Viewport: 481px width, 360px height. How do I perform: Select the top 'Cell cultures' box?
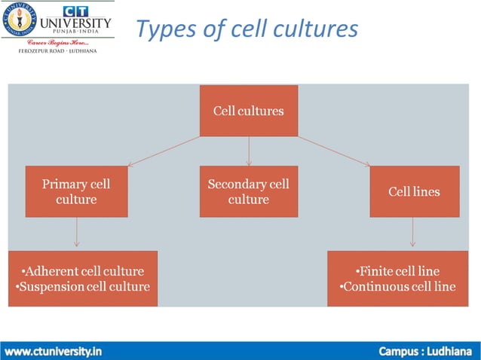(x=248, y=111)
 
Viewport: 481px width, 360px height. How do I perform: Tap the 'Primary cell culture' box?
(x=75, y=191)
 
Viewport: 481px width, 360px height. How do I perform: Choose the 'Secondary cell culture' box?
(x=248, y=191)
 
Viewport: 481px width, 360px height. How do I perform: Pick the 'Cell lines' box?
(x=414, y=191)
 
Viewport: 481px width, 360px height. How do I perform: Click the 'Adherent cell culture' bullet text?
(x=83, y=271)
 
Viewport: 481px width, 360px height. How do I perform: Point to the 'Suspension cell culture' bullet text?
(x=83, y=286)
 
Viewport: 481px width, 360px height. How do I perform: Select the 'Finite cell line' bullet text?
(x=397, y=271)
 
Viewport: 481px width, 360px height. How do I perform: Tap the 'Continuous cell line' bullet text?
(x=397, y=286)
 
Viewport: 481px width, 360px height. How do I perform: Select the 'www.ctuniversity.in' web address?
(x=54, y=351)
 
